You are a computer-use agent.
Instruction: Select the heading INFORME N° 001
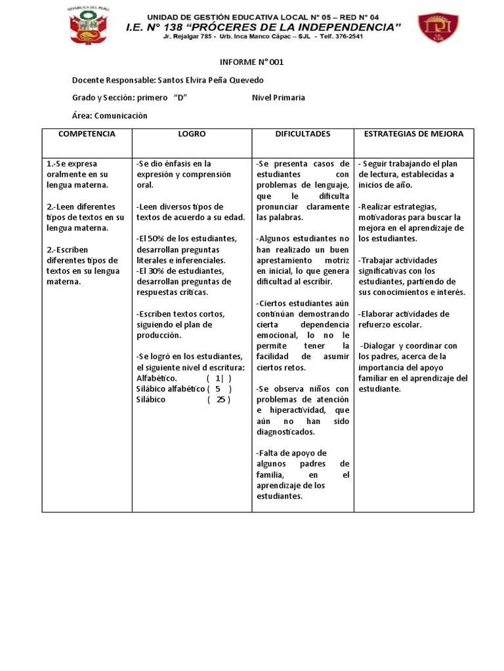[251, 62]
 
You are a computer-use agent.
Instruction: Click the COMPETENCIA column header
[87, 134]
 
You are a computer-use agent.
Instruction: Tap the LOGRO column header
[192, 134]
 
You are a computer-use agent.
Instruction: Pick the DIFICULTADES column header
[303, 134]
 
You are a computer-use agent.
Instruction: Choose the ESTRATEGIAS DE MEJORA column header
[413, 134]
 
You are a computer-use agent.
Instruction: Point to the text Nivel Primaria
[278, 98]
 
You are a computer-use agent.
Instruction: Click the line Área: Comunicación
[110, 116]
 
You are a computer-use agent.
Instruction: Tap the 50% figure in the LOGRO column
[154, 239]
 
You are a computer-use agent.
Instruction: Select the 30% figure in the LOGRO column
[154, 271]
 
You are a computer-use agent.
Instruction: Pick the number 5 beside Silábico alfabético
[217, 389]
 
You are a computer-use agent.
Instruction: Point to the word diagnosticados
[285, 432]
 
